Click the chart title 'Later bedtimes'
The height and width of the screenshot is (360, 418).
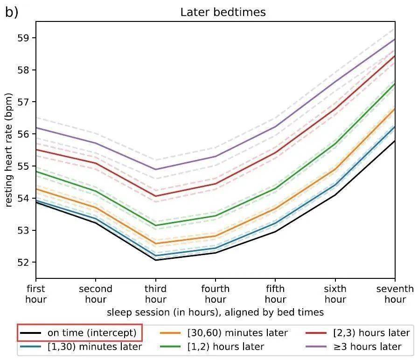pos(223,12)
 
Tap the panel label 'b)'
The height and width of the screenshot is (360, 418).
pos(12,12)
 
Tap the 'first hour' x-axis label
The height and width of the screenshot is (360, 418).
pos(36,294)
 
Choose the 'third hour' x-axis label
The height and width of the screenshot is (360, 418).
pos(155,294)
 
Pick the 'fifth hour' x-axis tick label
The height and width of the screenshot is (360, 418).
pos(275,294)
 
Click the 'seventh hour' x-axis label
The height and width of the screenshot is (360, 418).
pos(395,294)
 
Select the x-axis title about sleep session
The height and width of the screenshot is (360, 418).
pos(215,311)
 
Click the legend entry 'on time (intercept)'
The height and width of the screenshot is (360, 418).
pos(80,333)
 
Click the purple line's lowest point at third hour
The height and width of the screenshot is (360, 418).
pos(155,169)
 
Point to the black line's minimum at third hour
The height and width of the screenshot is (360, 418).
pos(155,260)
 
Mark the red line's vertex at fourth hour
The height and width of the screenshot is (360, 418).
pos(215,184)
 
